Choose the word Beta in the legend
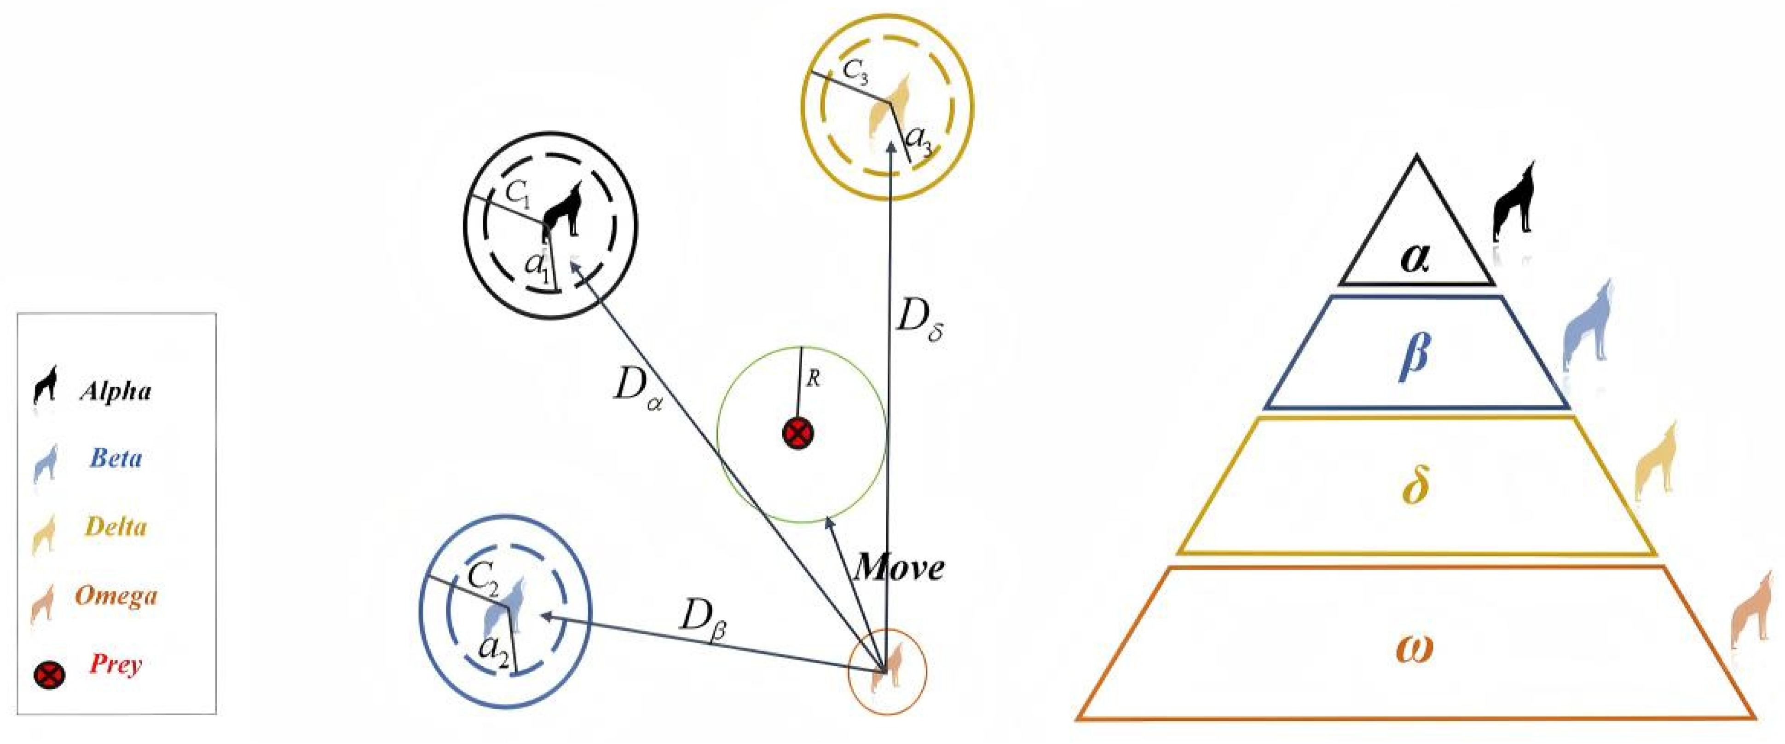[116, 458]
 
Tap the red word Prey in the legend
[116, 664]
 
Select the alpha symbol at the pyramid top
[1415, 258]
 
